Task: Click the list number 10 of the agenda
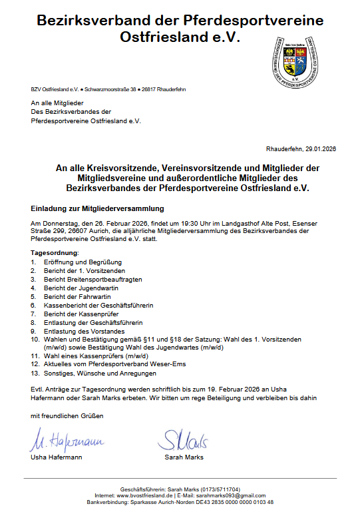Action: tap(35, 340)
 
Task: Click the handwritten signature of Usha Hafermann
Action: tap(66, 441)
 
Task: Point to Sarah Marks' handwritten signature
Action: tap(184, 439)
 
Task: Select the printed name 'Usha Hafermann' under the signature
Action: tap(56, 457)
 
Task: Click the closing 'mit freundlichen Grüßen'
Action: tap(67, 416)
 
